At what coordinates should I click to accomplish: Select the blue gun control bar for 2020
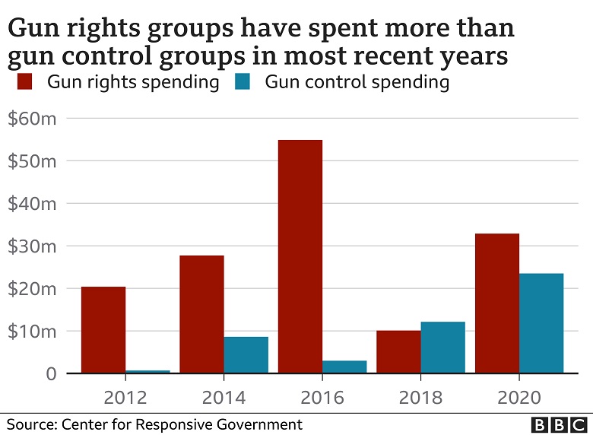click(541, 323)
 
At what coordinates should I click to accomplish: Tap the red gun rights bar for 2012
click(103, 330)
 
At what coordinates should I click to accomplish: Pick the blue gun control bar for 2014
click(246, 355)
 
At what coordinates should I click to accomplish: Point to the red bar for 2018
click(398, 351)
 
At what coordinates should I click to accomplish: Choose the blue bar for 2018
click(442, 348)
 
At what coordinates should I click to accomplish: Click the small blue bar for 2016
click(344, 367)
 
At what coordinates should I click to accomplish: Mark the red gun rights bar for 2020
click(496, 303)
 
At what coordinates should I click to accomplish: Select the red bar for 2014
click(201, 314)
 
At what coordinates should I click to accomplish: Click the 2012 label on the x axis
click(126, 397)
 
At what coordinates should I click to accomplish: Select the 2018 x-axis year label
click(420, 397)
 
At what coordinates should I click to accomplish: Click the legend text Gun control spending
click(357, 81)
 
